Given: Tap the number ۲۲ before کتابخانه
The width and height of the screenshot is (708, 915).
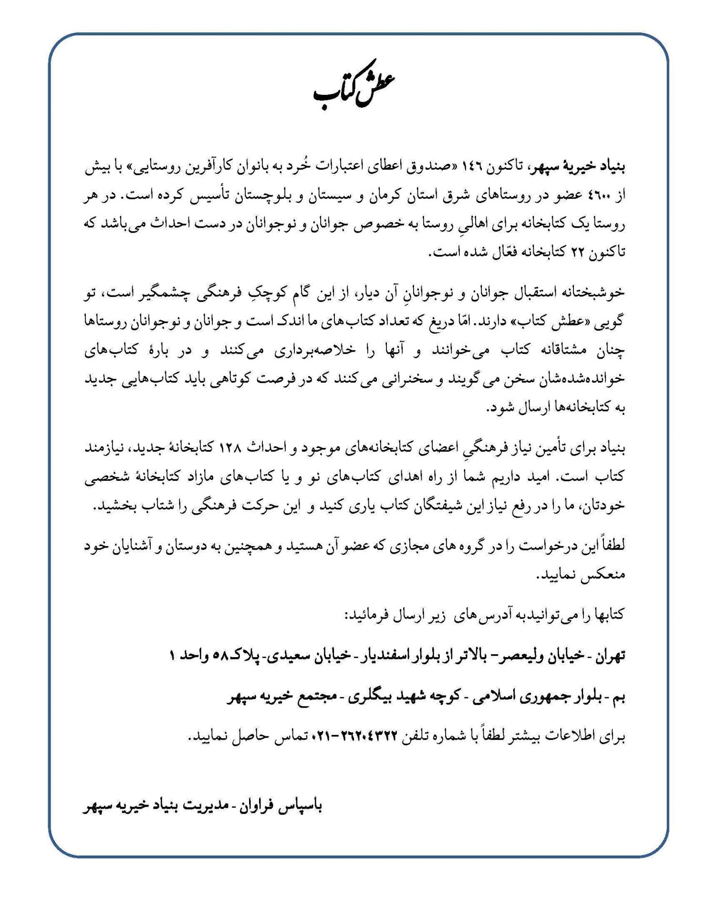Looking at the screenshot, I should [x=577, y=253].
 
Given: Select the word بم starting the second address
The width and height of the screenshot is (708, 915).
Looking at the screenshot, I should [x=617, y=697].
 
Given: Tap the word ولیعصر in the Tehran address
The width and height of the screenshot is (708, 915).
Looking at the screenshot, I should [x=521, y=656].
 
